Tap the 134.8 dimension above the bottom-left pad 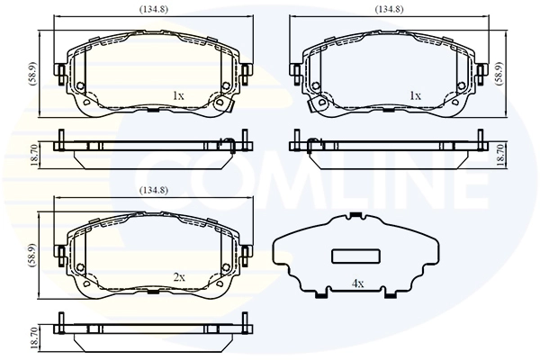tap(151, 190)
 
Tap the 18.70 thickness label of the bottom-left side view tap(34, 337)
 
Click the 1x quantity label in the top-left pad tap(177, 95)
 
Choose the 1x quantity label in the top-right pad tap(415, 95)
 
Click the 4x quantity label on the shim tap(357, 284)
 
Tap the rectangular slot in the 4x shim tap(354, 255)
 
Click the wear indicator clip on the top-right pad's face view tap(317, 105)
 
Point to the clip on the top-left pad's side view tap(229, 141)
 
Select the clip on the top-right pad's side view tap(312, 141)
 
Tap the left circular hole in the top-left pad tap(81, 87)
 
